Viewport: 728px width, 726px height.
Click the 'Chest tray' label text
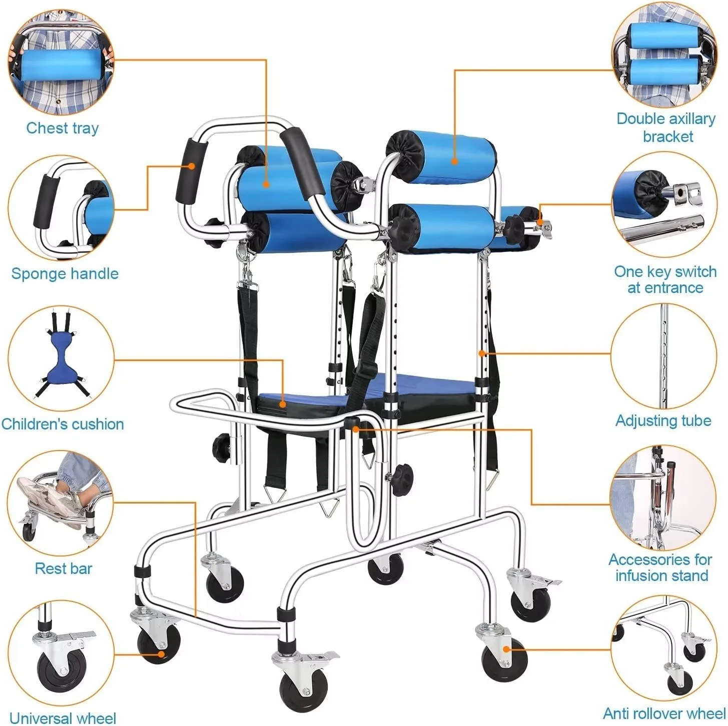(63, 128)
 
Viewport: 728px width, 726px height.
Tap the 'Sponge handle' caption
(65, 273)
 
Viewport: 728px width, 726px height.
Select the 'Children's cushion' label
(63, 424)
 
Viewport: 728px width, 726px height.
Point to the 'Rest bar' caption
(64, 568)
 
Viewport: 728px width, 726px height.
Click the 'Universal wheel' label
(63, 717)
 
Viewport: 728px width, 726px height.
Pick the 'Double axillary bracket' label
(666, 127)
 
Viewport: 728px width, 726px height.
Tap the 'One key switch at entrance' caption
(665, 280)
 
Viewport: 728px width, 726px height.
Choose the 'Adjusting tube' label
(663, 420)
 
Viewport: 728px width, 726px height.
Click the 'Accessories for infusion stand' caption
(661, 567)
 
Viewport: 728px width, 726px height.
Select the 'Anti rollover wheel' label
(664, 713)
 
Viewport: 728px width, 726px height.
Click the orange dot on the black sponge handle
(192, 165)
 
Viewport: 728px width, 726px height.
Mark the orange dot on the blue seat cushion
(283, 404)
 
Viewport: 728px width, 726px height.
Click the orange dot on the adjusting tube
(482, 353)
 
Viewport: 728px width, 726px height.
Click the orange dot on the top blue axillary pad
(454, 161)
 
